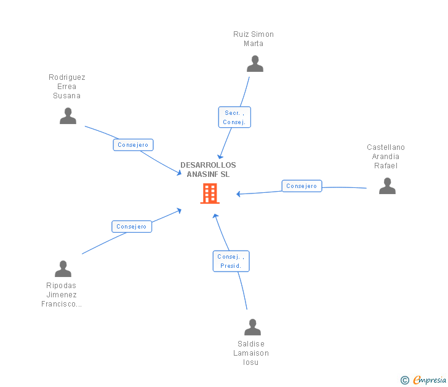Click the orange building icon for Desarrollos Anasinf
click(210, 193)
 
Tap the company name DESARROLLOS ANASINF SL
click(208, 170)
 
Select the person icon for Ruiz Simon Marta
click(255, 64)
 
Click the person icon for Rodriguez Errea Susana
click(68, 116)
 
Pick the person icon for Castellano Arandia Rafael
click(387, 186)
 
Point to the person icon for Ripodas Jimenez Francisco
click(63, 269)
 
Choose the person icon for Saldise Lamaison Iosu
click(252, 327)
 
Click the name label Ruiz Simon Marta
click(254, 39)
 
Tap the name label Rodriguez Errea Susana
click(67, 87)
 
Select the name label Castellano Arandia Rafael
click(386, 157)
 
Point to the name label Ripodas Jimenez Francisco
click(62, 295)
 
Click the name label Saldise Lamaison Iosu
click(251, 353)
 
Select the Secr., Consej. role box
click(234, 117)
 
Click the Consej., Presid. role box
click(231, 261)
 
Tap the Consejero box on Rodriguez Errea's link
click(133, 145)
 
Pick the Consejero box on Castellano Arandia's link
click(302, 186)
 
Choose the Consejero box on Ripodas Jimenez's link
click(132, 227)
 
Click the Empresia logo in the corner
click(430, 380)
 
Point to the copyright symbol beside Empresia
click(404, 381)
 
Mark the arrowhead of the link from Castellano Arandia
click(239, 194)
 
